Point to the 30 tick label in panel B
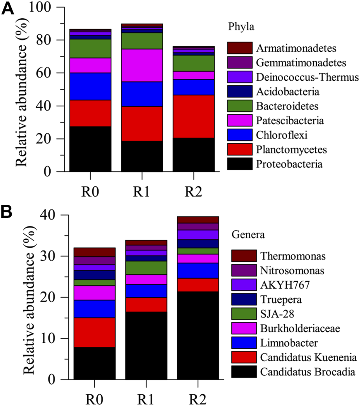pyautogui.click(x=53, y=256)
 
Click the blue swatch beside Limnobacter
pyautogui.click(x=244, y=342)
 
